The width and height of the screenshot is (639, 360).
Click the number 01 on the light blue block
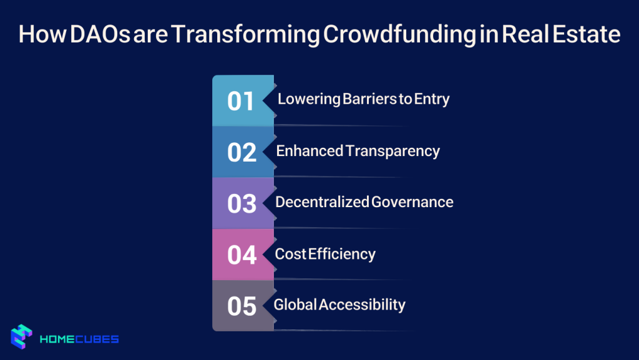(x=241, y=101)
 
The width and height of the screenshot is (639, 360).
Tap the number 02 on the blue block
(x=241, y=152)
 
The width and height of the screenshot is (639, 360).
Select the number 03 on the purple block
(x=241, y=203)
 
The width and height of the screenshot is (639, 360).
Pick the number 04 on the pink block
(x=241, y=255)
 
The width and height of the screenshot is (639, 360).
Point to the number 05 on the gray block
(x=241, y=306)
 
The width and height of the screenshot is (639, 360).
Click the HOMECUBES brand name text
(x=79, y=339)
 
